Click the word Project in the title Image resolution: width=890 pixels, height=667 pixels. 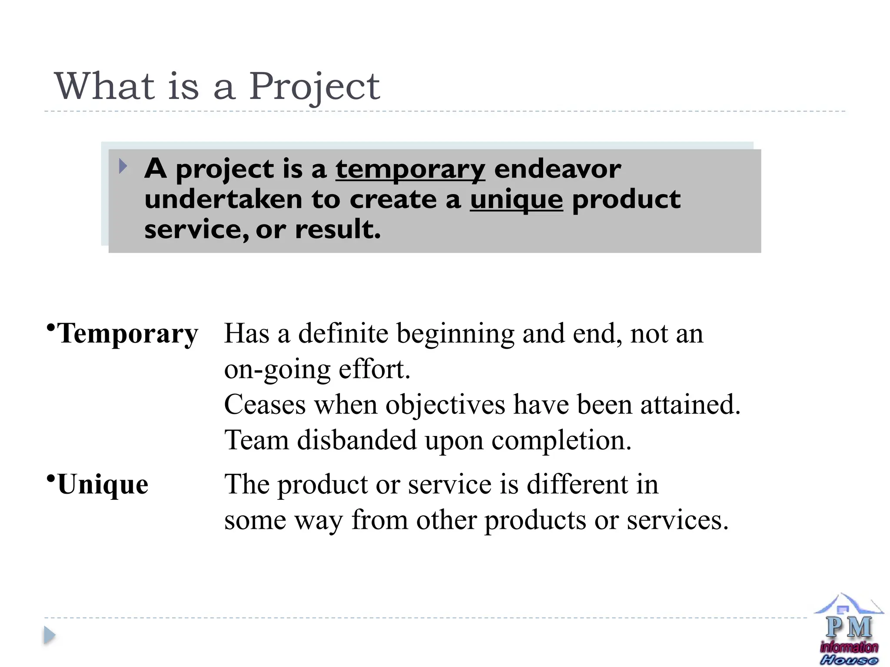[x=314, y=87]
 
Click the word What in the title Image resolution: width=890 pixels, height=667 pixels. [x=105, y=86]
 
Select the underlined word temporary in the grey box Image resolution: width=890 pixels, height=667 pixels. [x=410, y=169]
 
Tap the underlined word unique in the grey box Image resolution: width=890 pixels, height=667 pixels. [x=516, y=200]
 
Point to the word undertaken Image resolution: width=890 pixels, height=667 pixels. [x=223, y=199]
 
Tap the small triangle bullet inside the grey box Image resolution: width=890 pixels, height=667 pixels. [x=123, y=166]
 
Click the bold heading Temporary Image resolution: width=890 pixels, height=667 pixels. [x=128, y=334]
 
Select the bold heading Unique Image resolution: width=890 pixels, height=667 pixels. [x=103, y=484]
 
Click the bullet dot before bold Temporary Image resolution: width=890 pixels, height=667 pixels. [x=51, y=327]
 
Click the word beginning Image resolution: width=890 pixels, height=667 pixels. [x=455, y=334]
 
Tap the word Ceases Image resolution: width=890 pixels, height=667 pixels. [x=265, y=405]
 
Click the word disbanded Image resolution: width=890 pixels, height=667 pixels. [x=357, y=440]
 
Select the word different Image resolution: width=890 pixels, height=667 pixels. [x=578, y=484]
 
